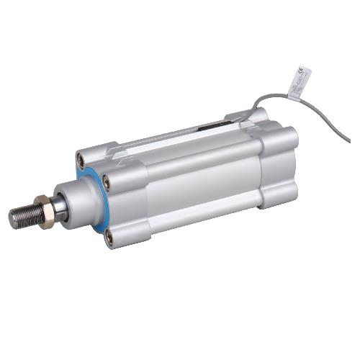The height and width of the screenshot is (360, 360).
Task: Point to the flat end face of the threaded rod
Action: (x=12, y=217)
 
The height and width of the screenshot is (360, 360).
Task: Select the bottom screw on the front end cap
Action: (x=109, y=235)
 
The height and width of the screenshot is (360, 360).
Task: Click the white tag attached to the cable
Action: (x=299, y=81)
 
